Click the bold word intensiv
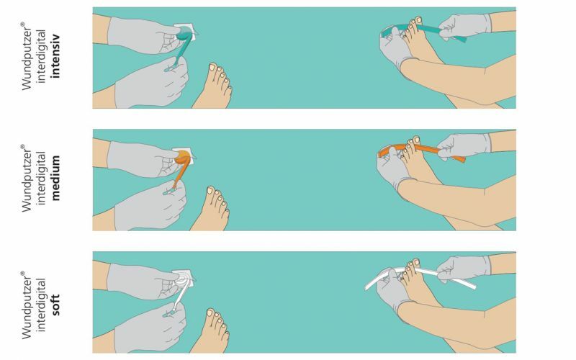pyautogui.click(x=55, y=56)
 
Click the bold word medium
pyautogui.click(x=55, y=178)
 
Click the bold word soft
pyautogui.click(x=55, y=305)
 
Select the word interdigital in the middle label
pyautogui.click(x=41, y=178)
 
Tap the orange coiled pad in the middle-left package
pyautogui.click(x=184, y=157)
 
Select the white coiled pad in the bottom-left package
pyautogui.click(x=183, y=279)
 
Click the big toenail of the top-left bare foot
pyautogui.click(x=212, y=67)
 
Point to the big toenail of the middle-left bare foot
pyautogui.click(x=210, y=190)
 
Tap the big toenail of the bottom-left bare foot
pyautogui.click(x=210, y=312)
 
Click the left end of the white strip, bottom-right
pyautogui.click(x=367, y=287)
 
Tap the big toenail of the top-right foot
pyautogui.click(x=419, y=19)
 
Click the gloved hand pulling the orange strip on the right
pyautogui.click(x=464, y=145)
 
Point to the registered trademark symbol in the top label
pyautogui.click(x=22, y=24)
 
